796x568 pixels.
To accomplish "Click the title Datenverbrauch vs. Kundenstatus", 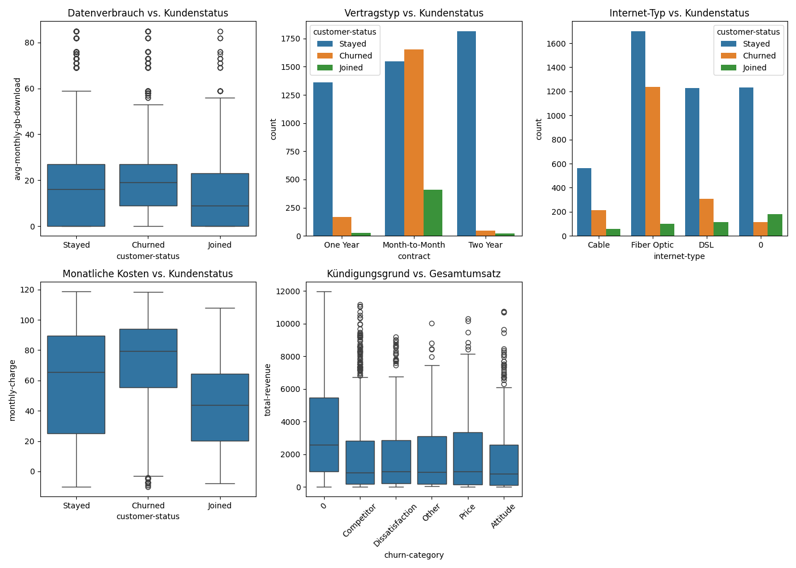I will (x=148, y=13).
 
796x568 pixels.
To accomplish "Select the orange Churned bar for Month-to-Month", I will (x=414, y=143).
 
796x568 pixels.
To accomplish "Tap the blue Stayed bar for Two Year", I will (x=466, y=133).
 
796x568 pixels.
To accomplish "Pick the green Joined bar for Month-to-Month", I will (x=433, y=213).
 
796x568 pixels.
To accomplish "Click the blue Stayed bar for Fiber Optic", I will (x=638, y=133).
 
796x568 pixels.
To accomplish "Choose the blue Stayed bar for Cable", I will (x=584, y=202).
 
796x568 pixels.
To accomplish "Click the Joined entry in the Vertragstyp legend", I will (x=351, y=68).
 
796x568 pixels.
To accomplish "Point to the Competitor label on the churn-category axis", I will (x=359, y=520).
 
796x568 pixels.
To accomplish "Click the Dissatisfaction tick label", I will (x=395, y=525).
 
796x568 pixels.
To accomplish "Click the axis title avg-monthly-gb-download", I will (x=18, y=129).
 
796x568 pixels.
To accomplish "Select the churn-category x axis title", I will (x=414, y=555).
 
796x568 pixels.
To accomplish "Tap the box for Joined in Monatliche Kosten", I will (x=220, y=407).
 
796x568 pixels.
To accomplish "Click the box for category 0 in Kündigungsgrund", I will (x=324, y=435).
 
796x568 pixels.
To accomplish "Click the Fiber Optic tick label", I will (x=652, y=245).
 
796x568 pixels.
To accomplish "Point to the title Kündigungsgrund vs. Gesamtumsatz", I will (x=414, y=274).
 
